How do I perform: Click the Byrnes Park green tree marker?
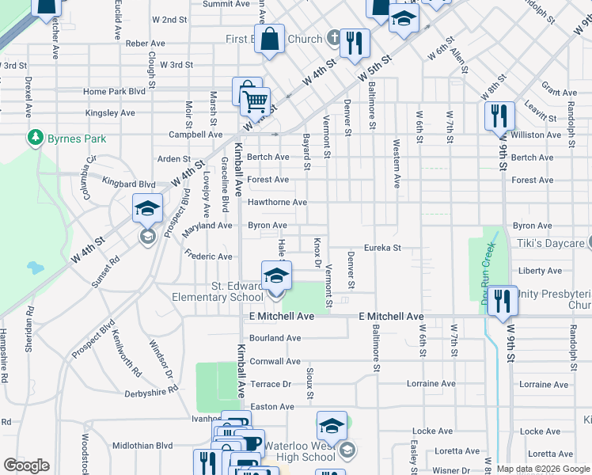35,139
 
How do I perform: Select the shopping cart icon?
254,101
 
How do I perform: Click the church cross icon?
333,38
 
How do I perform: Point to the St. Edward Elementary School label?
218,291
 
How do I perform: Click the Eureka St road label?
383,248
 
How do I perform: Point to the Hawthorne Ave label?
277,203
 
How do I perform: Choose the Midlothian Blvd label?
142,446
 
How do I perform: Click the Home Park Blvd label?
115,92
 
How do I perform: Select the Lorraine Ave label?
431,384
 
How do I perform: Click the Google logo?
26,465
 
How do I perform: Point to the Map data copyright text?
544,469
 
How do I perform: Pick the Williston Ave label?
536,135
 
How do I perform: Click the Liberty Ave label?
541,271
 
